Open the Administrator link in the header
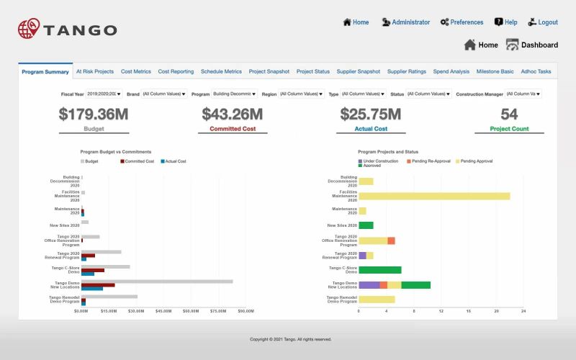pyautogui.click(x=410, y=22)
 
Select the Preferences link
pyautogui.click(x=467, y=22)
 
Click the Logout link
pyautogui.click(x=547, y=22)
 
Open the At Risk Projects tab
pyautogui.click(x=95, y=72)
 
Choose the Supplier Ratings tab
pyautogui.click(x=407, y=72)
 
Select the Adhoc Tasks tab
pyautogui.click(x=536, y=72)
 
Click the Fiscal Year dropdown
pyautogui.click(x=104, y=94)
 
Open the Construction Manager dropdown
pyautogui.click(x=523, y=94)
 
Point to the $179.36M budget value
pyautogui.click(x=94, y=114)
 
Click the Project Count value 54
pyautogui.click(x=509, y=114)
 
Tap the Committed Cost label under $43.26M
pyautogui.click(x=233, y=129)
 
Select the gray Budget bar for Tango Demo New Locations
pyautogui.click(x=157, y=282)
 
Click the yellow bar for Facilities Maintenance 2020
pyautogui.click(x=434, y=196)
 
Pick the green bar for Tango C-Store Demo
pyautogui.click(x=379, y=270)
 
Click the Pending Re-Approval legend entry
pyautogui.click(x=432, y=161)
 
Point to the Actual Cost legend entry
pyautogui.click(x=174, y=161)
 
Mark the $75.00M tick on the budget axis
pyautogui.click(x=218, y=311)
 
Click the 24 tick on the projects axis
pyautogui.click(x=523, y=311)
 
